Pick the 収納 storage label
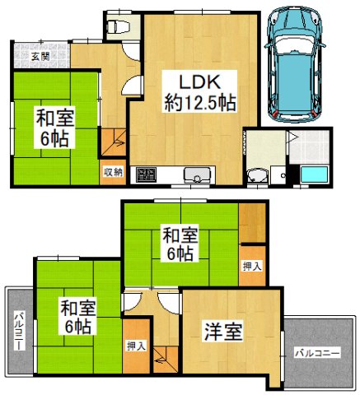click(113, 171)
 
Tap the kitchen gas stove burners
click(147, 175)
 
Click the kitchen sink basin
click(197, 175)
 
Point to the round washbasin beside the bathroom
click(258, 174)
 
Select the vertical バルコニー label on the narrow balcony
click(18, 332)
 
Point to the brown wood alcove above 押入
click(252, 221)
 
